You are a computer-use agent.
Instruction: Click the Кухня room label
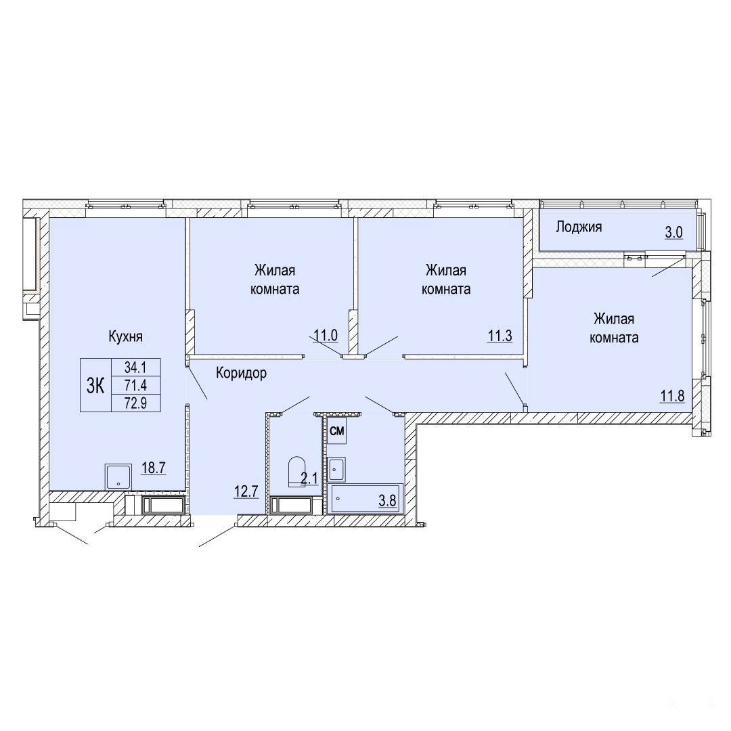[x=125, y=336]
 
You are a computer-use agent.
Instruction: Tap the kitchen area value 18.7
[x=154, y=468]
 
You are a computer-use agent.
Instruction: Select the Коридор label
[x=242, y=373]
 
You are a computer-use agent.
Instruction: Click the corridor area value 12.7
[x=246, y=491]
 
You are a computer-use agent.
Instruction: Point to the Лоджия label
[x=579, y=227]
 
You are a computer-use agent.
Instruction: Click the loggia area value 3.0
[x=674, y=231]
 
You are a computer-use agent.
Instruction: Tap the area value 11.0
[x=326, y=335]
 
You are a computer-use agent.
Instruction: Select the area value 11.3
[x=500, y=335]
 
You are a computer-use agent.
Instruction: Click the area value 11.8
[x=672, y=396]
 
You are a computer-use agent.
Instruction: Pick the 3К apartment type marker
[x=95, y=386]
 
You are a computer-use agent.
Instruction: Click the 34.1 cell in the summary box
[x=135, y=368]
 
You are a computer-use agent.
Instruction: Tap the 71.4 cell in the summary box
[x=135, y=386]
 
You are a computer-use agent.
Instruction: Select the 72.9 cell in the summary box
[x=135, y=403]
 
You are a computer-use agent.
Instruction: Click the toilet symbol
[x=296, y=471]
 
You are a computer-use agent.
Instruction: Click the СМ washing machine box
[x=336, y=431]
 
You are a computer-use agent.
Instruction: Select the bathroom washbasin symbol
[x=336, y=470]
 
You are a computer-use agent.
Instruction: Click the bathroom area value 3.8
[x=387, y=501]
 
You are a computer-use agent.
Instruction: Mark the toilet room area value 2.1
[x=309, y=479]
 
